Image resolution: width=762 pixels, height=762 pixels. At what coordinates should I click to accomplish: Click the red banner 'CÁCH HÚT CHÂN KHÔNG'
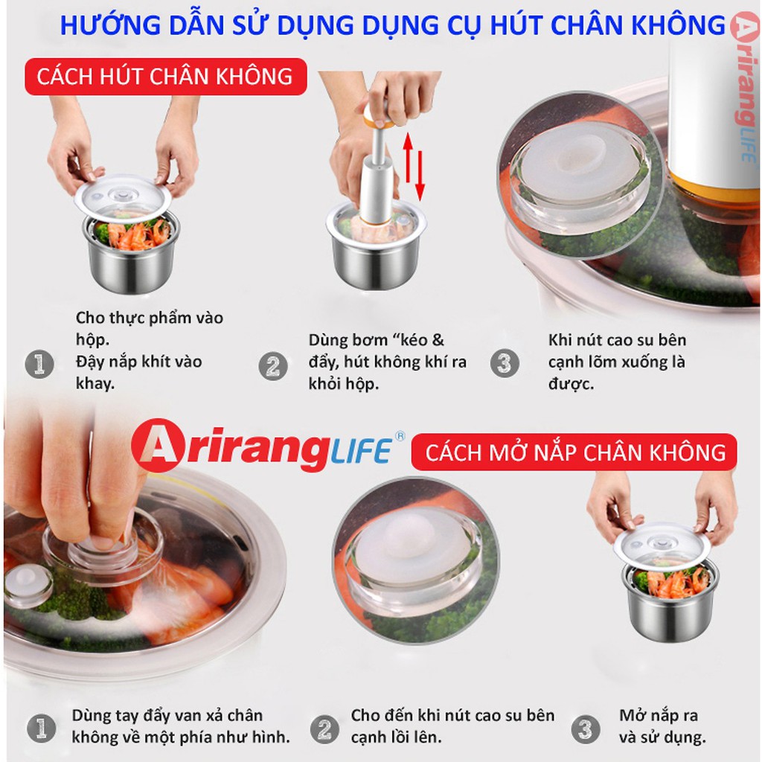[x=165, y=77]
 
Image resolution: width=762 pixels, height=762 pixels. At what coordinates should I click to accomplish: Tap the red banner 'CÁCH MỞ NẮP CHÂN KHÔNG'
[x=574, y=452]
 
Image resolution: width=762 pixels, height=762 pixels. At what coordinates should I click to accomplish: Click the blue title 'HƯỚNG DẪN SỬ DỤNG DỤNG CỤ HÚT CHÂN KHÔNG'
[x=392, y=25]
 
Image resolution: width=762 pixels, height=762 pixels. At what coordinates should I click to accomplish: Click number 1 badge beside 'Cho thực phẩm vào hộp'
[x=39, y=364]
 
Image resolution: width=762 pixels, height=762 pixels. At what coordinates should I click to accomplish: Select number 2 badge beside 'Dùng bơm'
[x=272, y=365]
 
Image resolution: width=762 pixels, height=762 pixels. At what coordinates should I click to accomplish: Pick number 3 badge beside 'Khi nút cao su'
[x=504, y=363]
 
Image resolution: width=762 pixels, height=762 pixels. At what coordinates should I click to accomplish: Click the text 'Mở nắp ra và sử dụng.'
[x=662, y=726]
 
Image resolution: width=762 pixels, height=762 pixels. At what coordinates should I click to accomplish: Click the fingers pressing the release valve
[x=82, y=476]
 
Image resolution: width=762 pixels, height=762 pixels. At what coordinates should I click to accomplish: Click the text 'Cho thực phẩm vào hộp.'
[x=149, y=328]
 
